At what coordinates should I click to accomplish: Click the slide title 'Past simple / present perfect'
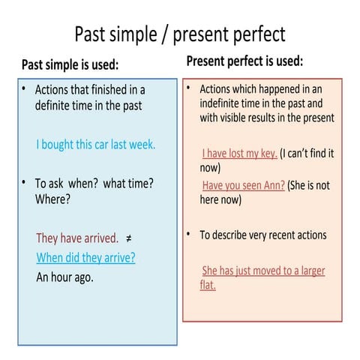(x=180, y=34)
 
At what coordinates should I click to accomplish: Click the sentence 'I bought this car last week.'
(x=96, y=145)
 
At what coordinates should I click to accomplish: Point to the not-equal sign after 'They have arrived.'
(x=129, y=238)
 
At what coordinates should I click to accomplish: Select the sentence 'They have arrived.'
(x=77, y=238)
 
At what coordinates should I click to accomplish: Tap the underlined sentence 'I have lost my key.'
(x=238, y=154)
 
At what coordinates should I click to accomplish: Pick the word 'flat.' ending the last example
(x=208, y=285)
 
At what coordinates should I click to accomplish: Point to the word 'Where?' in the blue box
(x=53, y=199)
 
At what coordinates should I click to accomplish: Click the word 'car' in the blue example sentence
(x=104, y=145)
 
